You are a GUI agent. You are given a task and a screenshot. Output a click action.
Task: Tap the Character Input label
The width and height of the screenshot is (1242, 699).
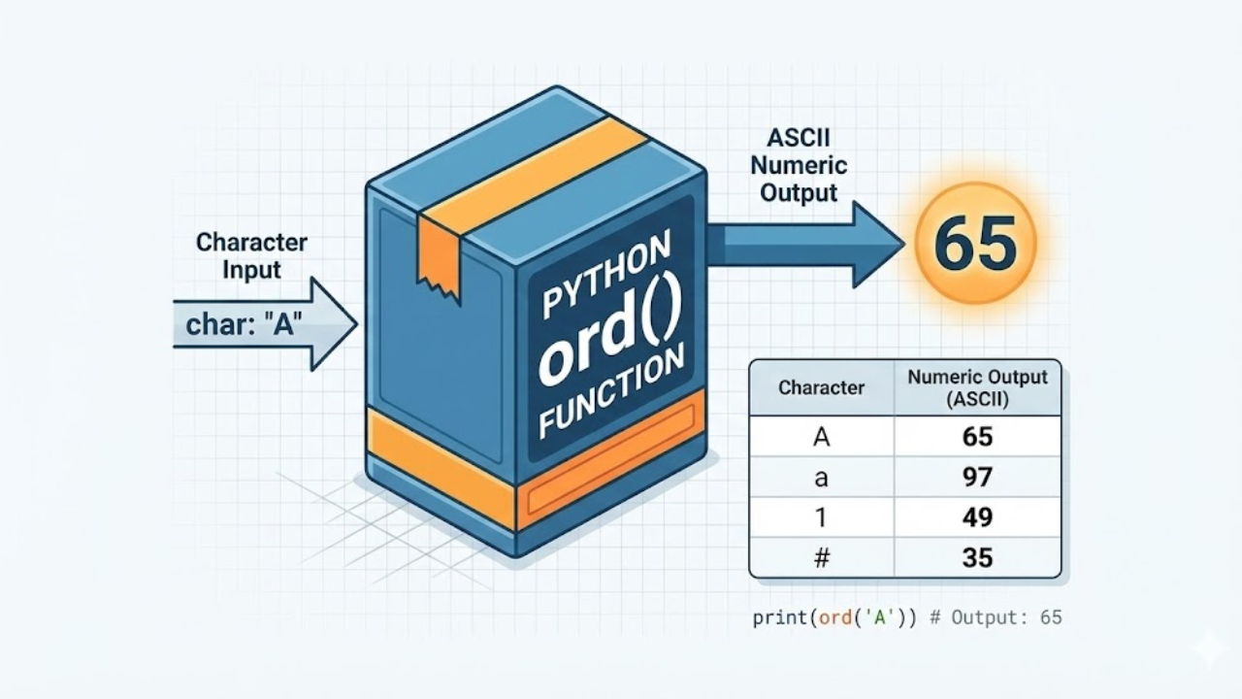coord(251,254)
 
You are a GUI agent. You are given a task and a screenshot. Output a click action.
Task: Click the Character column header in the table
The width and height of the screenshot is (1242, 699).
coord(821,387)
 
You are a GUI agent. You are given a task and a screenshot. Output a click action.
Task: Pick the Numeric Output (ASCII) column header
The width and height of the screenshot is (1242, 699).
coord(977,387)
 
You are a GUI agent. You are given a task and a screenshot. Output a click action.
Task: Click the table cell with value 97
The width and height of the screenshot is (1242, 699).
coord(977,477)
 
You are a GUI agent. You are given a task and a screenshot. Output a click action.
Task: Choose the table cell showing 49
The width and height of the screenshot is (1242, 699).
coord(977,517)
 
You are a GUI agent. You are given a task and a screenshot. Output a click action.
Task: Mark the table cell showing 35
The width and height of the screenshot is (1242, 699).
coord(977,558)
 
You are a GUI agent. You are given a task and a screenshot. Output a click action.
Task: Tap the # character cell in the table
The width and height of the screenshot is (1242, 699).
coord(821,558)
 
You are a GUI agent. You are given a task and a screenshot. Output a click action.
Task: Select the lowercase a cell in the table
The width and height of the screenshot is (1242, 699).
coord(821,477)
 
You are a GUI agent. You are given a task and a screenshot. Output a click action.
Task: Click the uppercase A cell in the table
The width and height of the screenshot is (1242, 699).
coord(821,437)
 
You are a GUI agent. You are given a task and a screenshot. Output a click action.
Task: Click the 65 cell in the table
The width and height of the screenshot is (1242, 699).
coord(977,437)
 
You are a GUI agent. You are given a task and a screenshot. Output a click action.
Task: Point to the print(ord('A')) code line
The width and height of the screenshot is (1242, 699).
coord(906,617)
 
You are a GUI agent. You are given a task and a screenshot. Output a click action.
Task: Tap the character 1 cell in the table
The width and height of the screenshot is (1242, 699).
coord(821,517)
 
